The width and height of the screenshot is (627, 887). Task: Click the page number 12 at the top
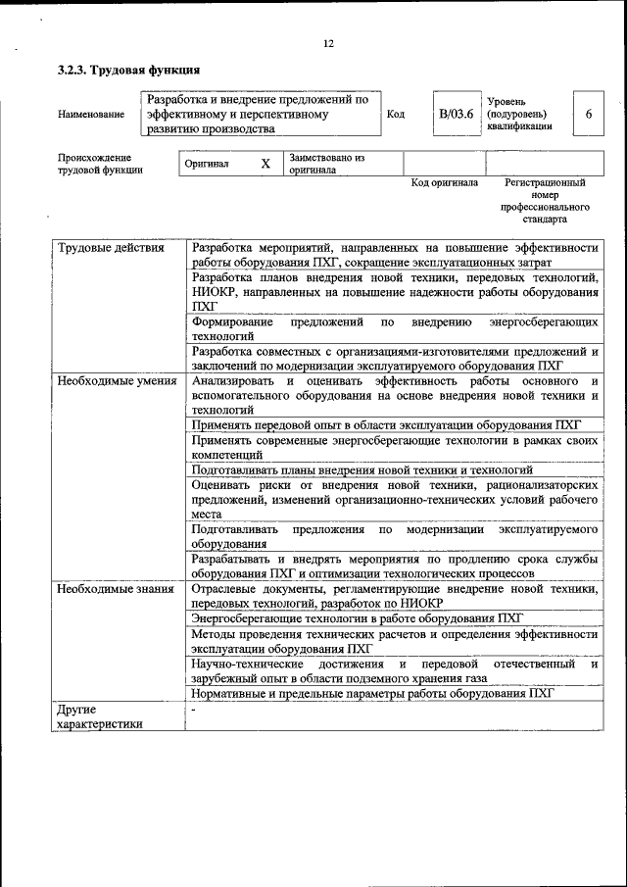[x=328, y=43]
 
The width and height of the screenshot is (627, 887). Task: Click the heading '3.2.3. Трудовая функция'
[x=129, y=71]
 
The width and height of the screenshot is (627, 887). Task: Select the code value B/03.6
[x=456, y=114]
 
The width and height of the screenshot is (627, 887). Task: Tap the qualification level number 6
[x=588, y=114]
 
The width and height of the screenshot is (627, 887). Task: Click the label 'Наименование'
[x=91, y=115]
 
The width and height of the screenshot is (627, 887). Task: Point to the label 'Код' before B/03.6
[x=396, y=115]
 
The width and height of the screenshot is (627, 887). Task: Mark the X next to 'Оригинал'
[x=265, y=164]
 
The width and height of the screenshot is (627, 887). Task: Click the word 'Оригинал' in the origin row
[x=207, y=164]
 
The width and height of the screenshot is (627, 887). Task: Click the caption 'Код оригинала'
[x=444, y=183]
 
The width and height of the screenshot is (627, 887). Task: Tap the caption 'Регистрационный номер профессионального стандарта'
[x=545, y=201]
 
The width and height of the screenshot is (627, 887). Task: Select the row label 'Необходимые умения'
[x=116, y=380]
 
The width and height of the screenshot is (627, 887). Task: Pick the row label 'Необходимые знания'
[x=115, y=589]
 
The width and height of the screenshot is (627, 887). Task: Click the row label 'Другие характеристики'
[x=99, y=715]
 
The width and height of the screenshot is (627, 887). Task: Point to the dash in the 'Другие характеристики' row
[x=194, y=709]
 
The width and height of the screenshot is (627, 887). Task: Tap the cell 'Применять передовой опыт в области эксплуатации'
[x=387, y=424]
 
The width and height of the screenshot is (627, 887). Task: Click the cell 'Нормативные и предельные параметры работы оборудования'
[x=372, y=693]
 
